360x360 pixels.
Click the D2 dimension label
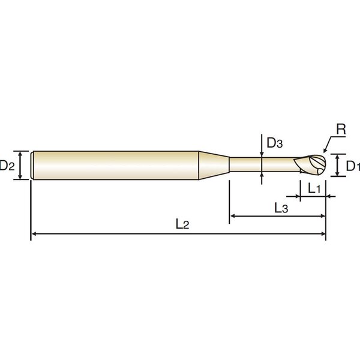click(7, 166)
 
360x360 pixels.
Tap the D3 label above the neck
click(275, 143)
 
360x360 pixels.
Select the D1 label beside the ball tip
click(353, 166)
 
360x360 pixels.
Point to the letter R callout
click(341, 130)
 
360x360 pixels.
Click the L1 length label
click(314, 188)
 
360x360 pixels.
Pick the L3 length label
click(281, 208)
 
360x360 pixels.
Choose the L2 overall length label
click(182, 224)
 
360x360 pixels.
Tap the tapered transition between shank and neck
click(214, 166)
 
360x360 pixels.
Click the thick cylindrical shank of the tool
click(115, 166)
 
